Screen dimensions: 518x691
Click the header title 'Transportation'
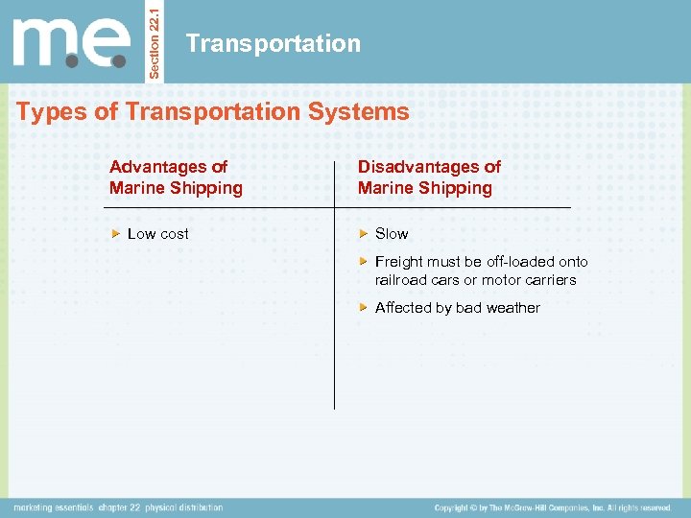pyautogui.click(x=274, y=43)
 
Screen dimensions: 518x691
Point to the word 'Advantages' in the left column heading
pyautogui.click(x=158, y=167)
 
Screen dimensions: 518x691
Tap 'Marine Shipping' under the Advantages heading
pyautogui.click(x=176, y=188)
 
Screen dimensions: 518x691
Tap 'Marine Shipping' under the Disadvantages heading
pyautogui.click(x=424, y=188)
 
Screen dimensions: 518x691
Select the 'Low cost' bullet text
pyautogui.click(x=158, y=234)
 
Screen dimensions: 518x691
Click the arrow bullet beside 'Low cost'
pyautogui.click(x=116, y=234)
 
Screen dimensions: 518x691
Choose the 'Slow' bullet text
pyautogui.click(x=392, y=234)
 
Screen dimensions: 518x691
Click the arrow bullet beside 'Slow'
pyautogui.click(x=364, y=234)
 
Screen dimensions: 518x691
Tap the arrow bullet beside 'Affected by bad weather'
pyautogui.click(x=364, y=308)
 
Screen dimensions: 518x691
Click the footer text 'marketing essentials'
pyautogui.click(x=54, y=507)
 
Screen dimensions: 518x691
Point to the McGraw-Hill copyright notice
pyautogui.click(x=553, y=507)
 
